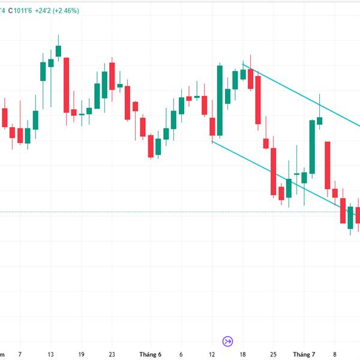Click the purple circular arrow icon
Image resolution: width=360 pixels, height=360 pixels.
tap(227, 341)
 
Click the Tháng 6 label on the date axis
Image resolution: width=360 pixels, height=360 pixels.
tap(150, 354)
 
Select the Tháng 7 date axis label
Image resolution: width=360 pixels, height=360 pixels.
tap(304, 354)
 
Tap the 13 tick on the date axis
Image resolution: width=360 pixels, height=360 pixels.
tap(50, 354)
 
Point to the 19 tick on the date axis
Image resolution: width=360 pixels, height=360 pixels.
tap(81, 354)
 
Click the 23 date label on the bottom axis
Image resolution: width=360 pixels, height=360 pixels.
tap(112, 354)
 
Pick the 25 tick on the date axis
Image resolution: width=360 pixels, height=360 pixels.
tap(273, 354)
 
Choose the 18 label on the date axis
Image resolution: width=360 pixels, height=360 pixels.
tap(242, 354)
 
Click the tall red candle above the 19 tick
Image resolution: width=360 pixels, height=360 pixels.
tap(67, 84)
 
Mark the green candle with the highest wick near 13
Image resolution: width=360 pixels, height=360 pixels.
tap(58, 50)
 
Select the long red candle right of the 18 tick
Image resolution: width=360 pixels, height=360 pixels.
tap(258, 100)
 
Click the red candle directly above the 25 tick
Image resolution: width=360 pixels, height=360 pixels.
tap(274, 172)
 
